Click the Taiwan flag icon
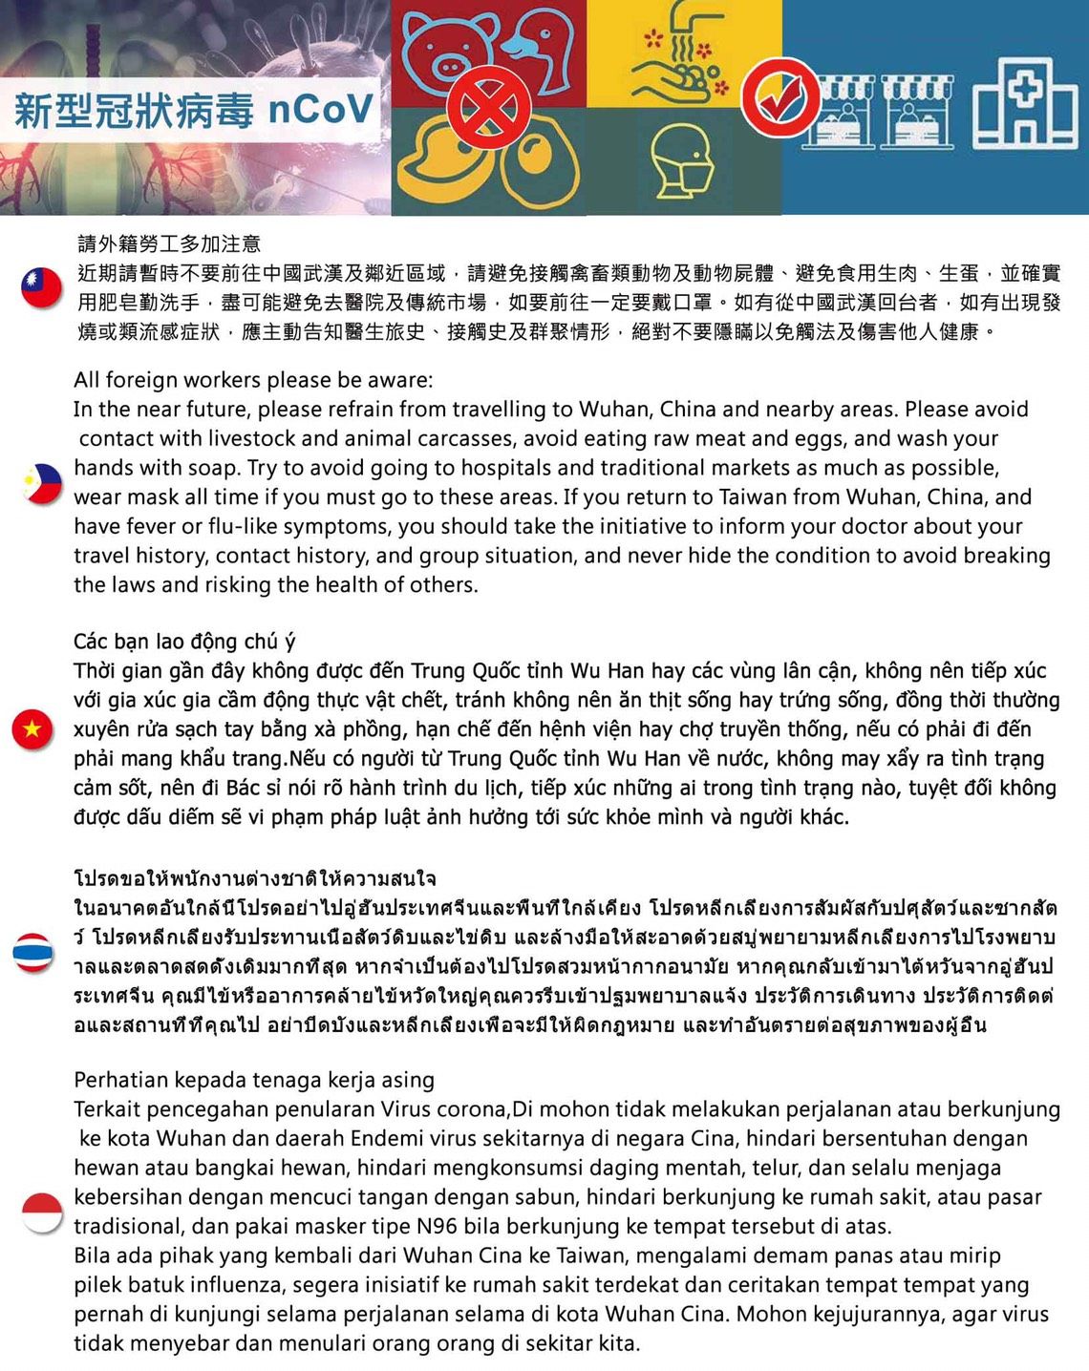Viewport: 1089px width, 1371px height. click(41, 287)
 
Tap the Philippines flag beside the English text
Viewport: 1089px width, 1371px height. click(42, 483)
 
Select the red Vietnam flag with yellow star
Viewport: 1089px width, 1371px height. click(32, 729)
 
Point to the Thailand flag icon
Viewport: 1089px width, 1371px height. click(33, 952)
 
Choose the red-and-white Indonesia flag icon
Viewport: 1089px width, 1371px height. click(41, 1213)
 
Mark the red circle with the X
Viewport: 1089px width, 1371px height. click(489, 106)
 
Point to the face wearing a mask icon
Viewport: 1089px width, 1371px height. click(683, 162)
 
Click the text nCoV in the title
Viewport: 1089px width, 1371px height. click(320, 110)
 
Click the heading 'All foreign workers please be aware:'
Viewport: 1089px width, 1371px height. click(253, 380)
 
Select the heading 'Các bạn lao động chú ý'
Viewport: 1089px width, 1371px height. click(184, 641)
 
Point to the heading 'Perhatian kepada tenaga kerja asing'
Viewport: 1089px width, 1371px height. click(254, 1080)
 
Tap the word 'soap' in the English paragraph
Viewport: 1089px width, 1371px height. click(212, 468)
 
